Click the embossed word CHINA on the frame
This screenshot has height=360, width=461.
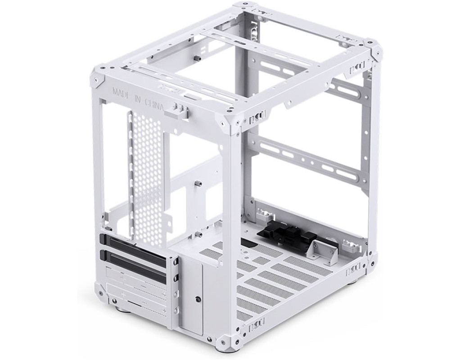[x=154, y=104]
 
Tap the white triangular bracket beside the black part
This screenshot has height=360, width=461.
[x=326, y=250]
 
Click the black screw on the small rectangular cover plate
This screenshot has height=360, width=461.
[x=197, y=299]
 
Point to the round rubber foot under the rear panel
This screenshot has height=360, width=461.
[x=123, y=309]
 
